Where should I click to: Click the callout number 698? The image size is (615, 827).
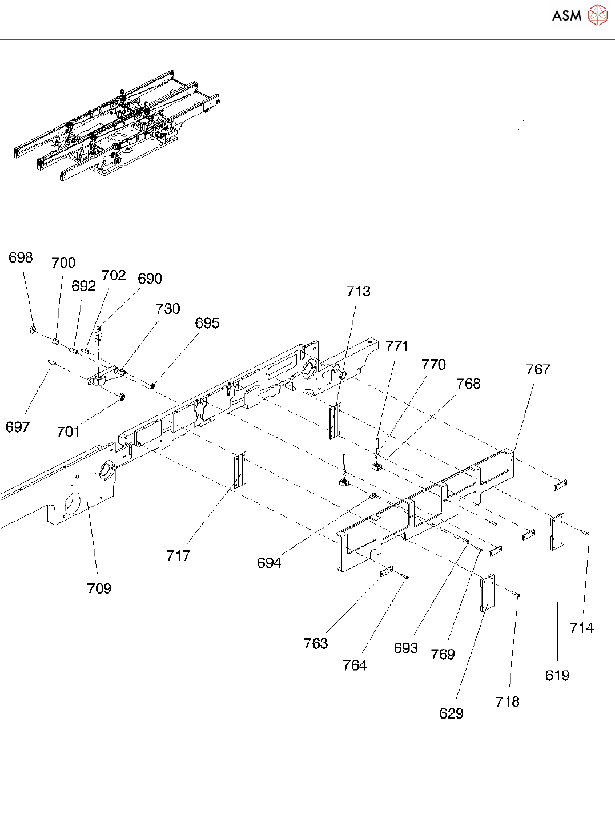[x=21, y=258]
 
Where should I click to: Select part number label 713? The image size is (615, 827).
[x=358, y=292]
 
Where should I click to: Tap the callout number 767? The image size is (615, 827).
[x=537, y=370]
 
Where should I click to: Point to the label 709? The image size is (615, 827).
[x=99, y=588]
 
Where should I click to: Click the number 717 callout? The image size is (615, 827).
[x=178, y=556]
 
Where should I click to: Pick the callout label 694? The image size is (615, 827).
[x=269, y=563]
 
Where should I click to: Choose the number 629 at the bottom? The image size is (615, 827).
[x=451, y=713]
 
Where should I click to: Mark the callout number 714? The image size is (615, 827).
[x=581, y=628]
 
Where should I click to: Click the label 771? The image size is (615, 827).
[x=397, y=346]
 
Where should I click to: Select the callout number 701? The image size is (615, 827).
[x=69, y=432]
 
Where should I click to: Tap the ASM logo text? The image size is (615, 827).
[x=566, y=16]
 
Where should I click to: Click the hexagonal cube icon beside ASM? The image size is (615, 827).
[x=597, y=15]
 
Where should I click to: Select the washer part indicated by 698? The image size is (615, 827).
[x=33, y=329]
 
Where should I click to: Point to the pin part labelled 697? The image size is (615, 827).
[x=50, y=362]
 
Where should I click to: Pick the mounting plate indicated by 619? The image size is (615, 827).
[x=557, y=531]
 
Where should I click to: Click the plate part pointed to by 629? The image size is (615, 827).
[x=487, y=593]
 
